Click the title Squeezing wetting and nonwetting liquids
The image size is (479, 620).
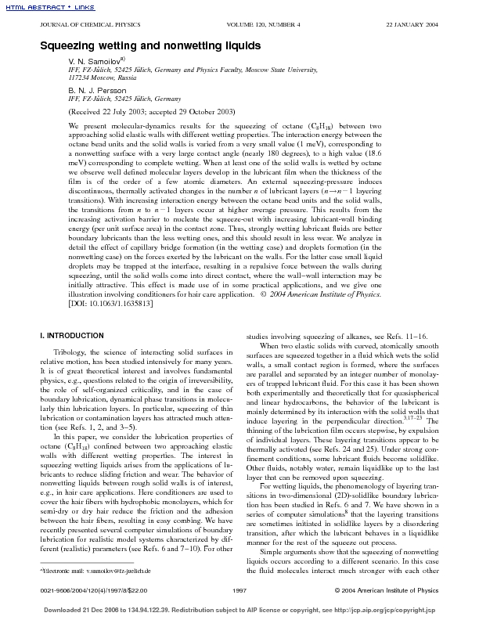tap(150, 45)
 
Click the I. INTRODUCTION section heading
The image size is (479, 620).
tap(71, 336)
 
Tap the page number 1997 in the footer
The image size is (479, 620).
tap(240, 589)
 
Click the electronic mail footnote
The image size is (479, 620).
tap(94, 573)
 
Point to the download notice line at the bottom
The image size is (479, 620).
tap(239, 609)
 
